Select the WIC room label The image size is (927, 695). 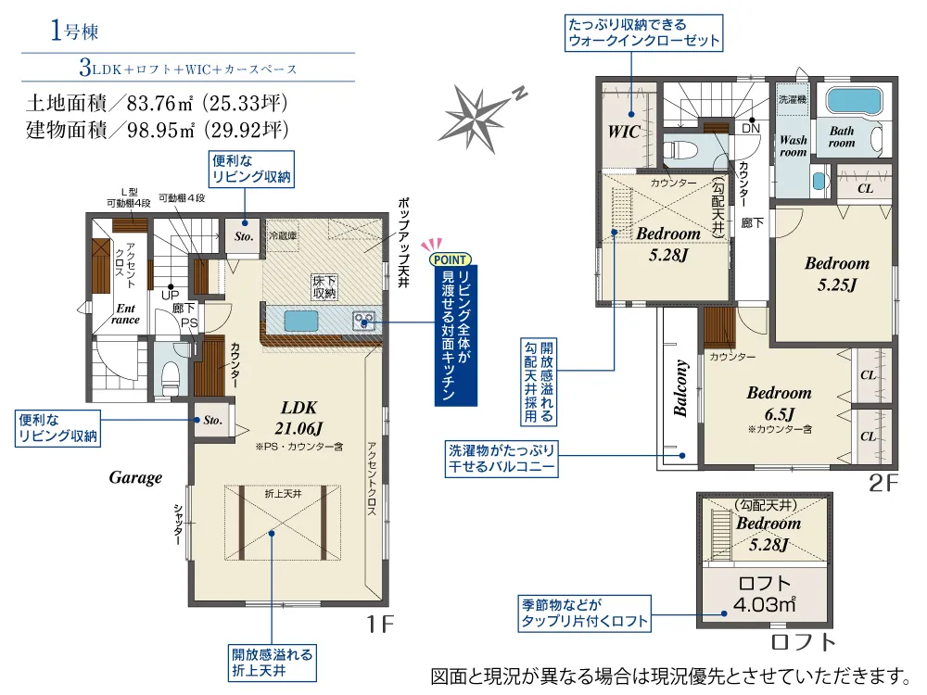click(624, 132)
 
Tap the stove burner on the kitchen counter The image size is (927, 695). click(363, 321)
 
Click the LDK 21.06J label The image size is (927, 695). click(298, 418)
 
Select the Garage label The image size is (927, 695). click(135, 477)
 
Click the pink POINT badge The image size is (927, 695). click(450, 259)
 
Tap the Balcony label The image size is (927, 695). click(680, 388)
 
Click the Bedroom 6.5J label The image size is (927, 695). click(780, 403)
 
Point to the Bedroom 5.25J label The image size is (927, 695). click(837, 273)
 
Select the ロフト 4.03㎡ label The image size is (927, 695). click(765, 594)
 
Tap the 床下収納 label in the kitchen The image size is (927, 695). click(324, 286)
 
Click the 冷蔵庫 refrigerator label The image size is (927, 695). click(283, 235)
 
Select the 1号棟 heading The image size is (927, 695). click(74, 31)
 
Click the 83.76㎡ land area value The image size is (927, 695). click(159, 104)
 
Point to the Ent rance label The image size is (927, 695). click(125, 314)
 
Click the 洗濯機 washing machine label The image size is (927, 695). click(793, 99)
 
